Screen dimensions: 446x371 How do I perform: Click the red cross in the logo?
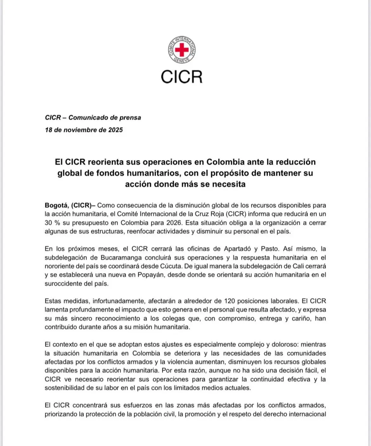coord(182,50)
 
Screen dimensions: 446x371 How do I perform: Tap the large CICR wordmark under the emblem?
coord(181,77)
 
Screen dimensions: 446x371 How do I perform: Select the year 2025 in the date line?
coord(115,130)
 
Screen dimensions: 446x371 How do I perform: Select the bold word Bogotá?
coord(56,205)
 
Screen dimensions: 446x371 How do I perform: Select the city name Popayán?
coord(150,275)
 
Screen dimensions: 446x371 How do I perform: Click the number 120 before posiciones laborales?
coord(230,301)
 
